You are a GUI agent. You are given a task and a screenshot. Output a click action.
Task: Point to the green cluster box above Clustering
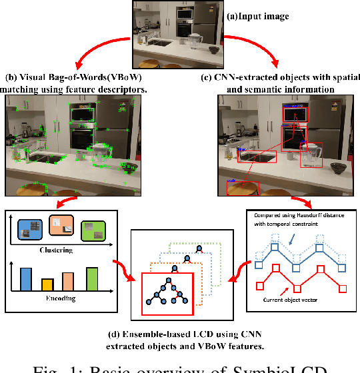[x=94, y=230]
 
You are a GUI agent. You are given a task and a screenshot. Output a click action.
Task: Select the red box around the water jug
[x=311, y=155]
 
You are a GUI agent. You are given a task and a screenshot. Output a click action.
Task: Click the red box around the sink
[x=257, y=157]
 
